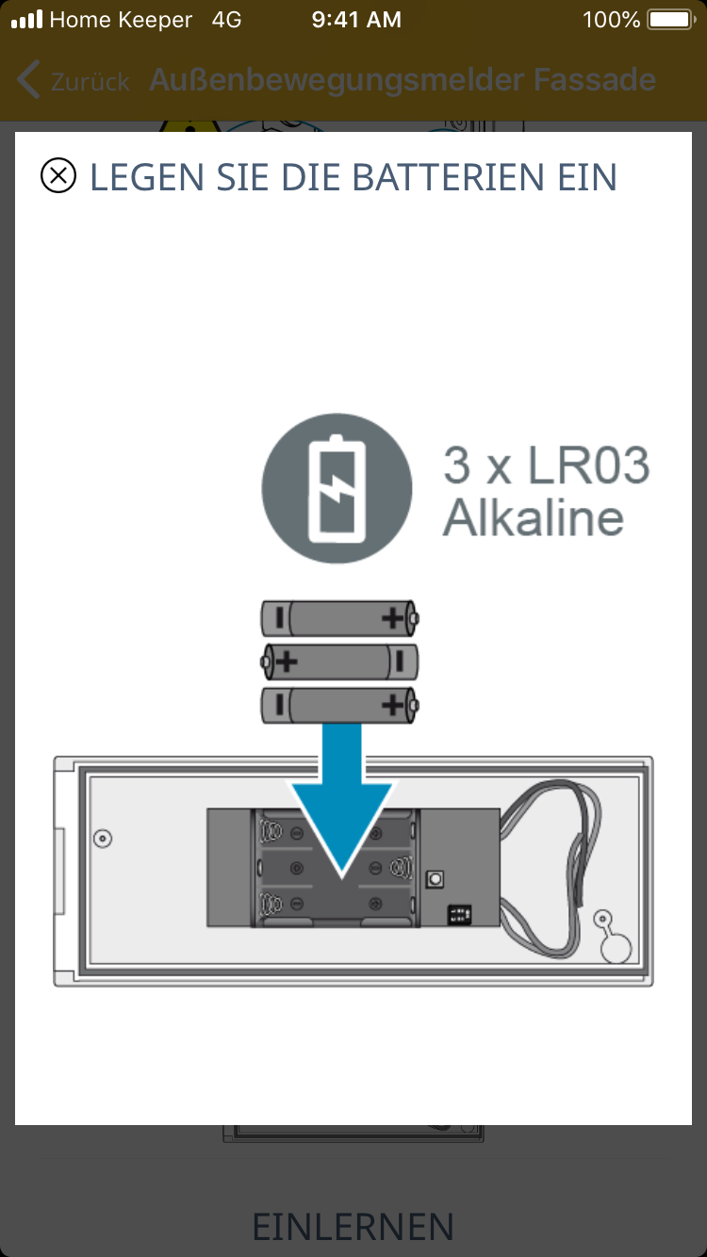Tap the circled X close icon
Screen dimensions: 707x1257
click(58, 175)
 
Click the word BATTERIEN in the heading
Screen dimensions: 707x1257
click(448, 177)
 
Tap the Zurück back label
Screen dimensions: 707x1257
click(90, 82)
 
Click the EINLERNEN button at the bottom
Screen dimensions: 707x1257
click(353, 1226)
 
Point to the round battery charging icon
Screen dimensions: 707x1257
click(337, 488)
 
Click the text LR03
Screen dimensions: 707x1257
click(588, 465)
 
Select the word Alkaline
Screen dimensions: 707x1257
click(534, 517)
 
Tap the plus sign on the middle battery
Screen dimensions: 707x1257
click(287, 661)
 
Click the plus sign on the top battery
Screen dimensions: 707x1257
click(393, 618)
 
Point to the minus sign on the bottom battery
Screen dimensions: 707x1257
click(280, 705)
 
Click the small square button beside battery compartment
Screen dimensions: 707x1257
click(435, 879)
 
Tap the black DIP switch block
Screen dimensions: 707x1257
click(459, 915)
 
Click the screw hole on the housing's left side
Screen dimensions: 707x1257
click(102, 839)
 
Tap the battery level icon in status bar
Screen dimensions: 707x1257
click(670, 20)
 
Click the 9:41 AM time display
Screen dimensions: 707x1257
click(356, 20)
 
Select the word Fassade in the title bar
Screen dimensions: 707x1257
click(595, 80)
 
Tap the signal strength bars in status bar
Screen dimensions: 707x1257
click(27, 20)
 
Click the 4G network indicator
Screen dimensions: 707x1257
click(226, 20)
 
